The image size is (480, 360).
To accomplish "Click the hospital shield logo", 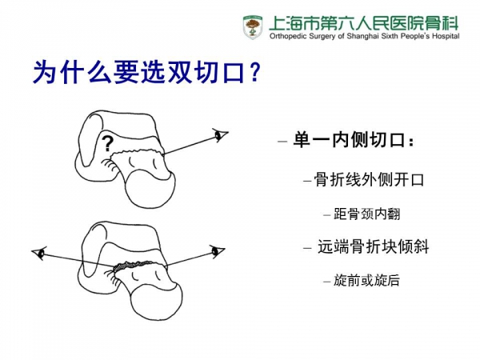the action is click(252, 27).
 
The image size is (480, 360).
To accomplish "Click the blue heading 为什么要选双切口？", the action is click(147, 73).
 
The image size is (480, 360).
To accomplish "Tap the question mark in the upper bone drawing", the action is click(107, 143).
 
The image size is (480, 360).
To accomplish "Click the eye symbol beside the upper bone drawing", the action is click(221, 135).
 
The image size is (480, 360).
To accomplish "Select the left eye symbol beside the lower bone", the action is click(39, 253).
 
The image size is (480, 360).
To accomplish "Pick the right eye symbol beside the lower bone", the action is click(218, 251).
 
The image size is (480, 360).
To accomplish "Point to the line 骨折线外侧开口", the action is click(369, 179).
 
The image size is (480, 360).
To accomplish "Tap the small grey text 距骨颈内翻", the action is click(366, 214).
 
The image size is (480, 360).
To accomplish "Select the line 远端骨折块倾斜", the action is click(373, 246).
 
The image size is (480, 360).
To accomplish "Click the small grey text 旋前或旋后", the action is click(366, 280).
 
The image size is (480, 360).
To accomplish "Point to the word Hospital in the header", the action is click(446, 37).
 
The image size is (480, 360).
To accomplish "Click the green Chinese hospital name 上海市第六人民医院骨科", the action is click(364, 23).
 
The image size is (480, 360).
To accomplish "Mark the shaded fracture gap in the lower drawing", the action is click(133, 265).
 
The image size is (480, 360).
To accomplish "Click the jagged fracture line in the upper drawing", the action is click(137, 152).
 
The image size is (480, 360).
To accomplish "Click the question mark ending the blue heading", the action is click(255, 73).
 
